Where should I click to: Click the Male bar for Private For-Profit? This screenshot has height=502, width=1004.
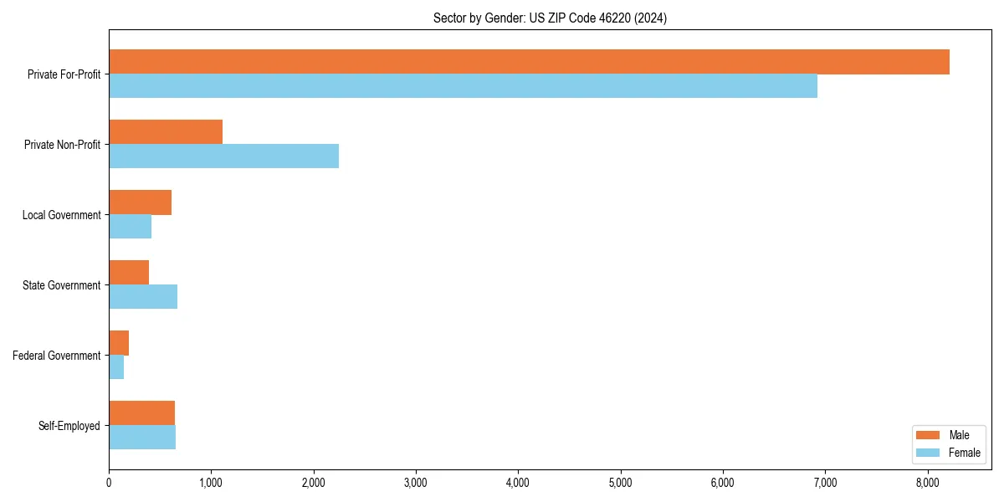pyautogui.click(x=529, y=62)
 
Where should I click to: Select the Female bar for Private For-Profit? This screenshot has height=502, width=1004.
pyautogui.click(x=463, y=86)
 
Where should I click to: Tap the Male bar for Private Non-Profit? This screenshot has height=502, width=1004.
pyautogui.click(x=166, y=132)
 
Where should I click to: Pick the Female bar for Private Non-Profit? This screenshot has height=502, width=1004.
pyautogui.click(x=223, y=156)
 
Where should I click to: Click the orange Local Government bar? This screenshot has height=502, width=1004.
pyautogui.click(x=140, y=202)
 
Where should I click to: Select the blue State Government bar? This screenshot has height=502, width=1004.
pyautogui.click(x=143, y=297)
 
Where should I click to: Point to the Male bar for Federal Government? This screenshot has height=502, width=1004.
pyautogui.click(x=119, y=343)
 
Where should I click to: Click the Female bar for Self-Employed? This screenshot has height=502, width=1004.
pyautogui.click(x=142, y=438)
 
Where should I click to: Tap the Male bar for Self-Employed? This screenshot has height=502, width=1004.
pyautogui.click(x=141, y=413)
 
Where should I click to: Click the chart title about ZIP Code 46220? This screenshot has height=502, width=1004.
pyautogui.click(x=550, y=18)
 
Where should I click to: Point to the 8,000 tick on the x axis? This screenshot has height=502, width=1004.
pyautogui.click(x=927, y=482)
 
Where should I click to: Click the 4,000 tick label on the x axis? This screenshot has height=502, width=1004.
pyautogui.click(x=518, y=482)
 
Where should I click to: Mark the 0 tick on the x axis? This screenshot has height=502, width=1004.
pyautogui.click(x=109, y=482)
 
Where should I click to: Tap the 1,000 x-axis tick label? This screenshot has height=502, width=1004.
pyautogui.click(x=211, y=482)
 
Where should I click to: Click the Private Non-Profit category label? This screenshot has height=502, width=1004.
pyautogui.click(x=62, y=145)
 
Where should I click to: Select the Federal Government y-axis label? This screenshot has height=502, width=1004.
pyautogui.click(x=56, y=356)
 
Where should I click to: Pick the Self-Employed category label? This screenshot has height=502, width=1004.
pyautogui.click(x=69, y=426)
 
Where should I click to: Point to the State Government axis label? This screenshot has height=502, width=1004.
pyautogui.click(x=61, y=285)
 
